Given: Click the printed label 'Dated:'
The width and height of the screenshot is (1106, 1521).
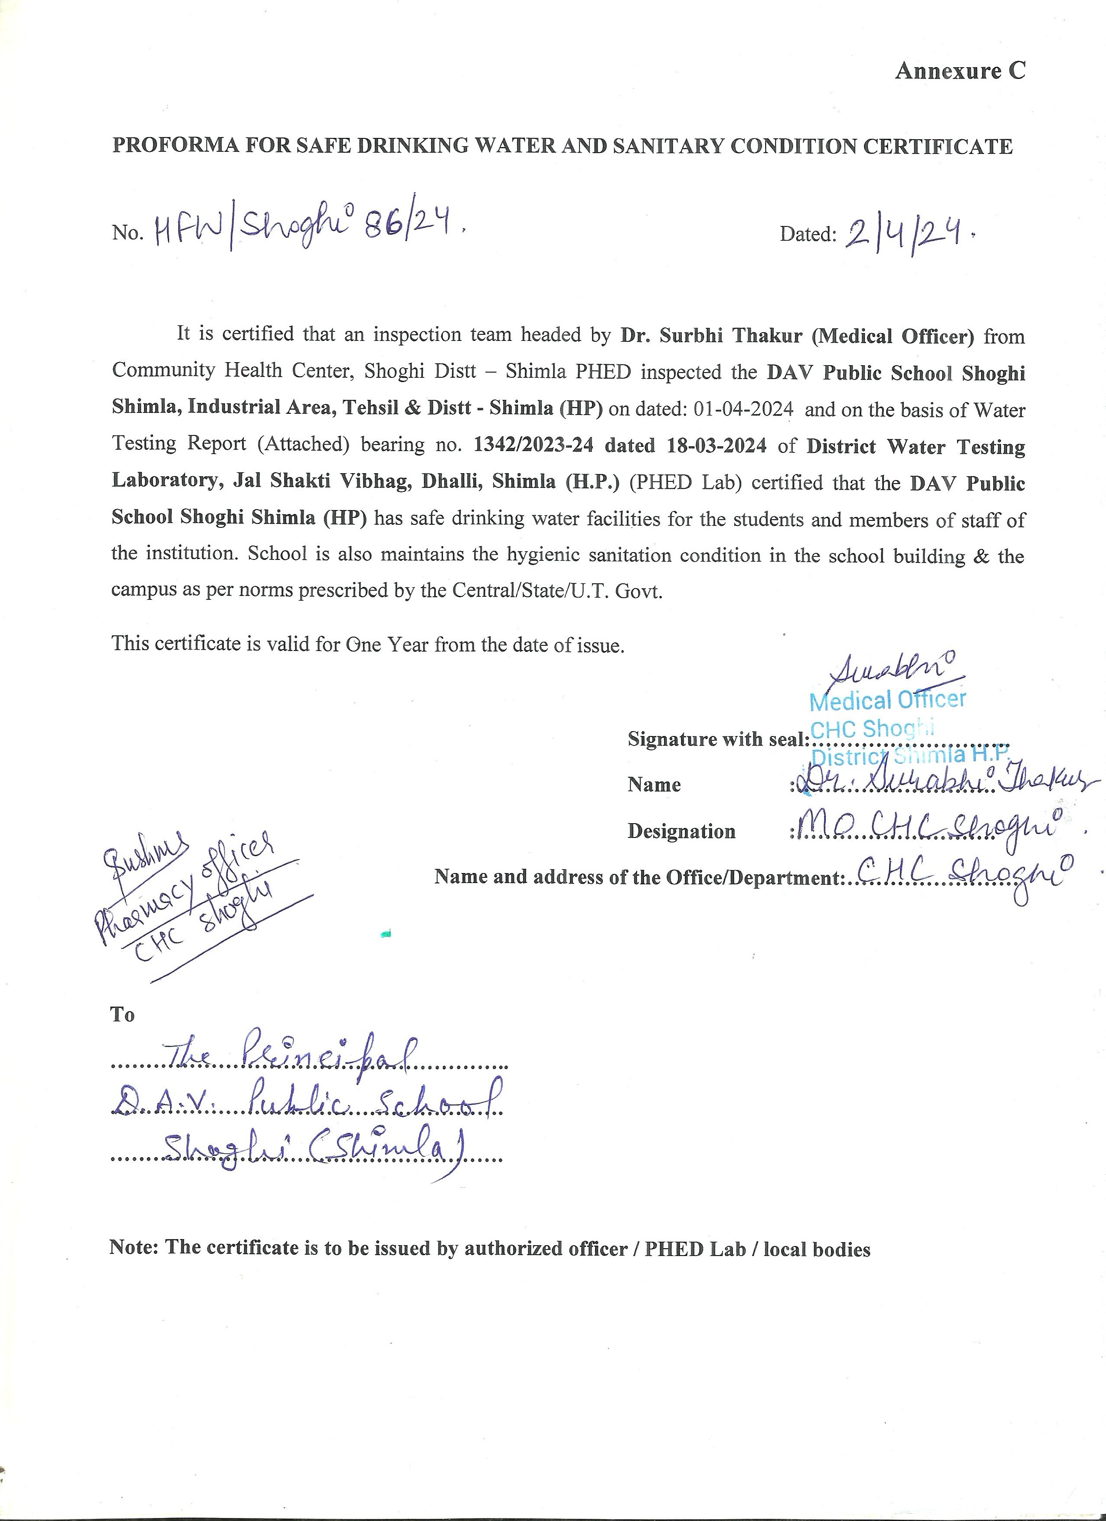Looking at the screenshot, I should [x=808, y=234].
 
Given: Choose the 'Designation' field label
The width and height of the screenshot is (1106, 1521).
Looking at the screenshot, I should [x=681, y=831].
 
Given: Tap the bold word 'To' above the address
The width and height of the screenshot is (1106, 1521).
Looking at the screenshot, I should [x=123, y=1015].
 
